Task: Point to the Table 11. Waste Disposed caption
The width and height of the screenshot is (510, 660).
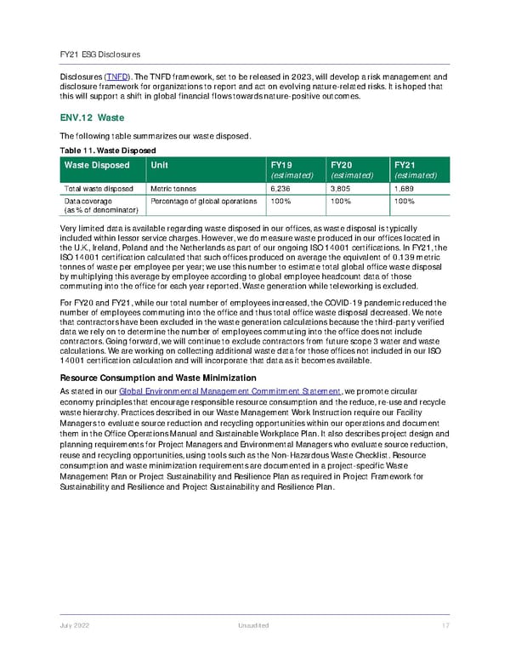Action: click(107, 150)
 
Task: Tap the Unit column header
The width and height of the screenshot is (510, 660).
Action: click(159, 165)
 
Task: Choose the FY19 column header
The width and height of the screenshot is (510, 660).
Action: click(281, 165)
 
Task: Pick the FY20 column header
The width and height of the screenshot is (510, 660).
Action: click(342, 165)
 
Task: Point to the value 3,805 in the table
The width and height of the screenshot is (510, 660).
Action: click(339, 189)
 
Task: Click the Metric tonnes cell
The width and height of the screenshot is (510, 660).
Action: click(173, 189)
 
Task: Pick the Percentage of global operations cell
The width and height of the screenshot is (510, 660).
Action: click(202, 201)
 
